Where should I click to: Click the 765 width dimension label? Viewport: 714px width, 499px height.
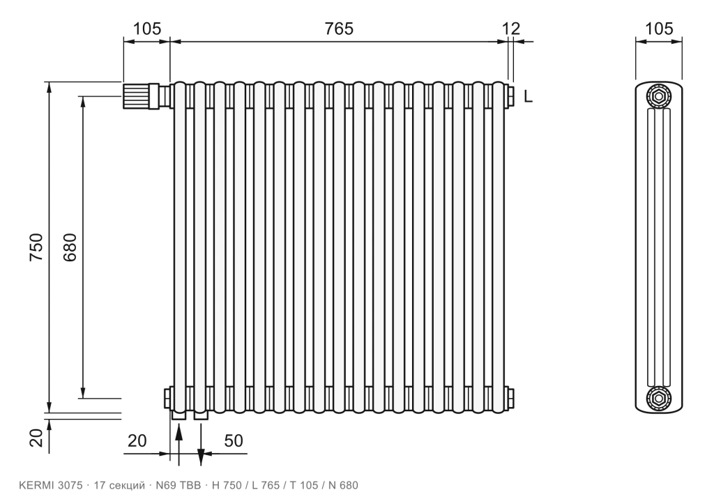tap(339, 29)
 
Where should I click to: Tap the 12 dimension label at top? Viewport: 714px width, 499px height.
tap(511, 29)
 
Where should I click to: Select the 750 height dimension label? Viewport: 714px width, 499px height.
tap(36, 247)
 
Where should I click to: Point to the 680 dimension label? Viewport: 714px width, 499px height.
tap(70, 247)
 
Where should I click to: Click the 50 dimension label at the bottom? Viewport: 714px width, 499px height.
tap(234, 440)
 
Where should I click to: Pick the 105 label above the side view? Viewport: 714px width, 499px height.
tap(659, 29)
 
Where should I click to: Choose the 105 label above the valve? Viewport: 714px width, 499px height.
tap(146, 29)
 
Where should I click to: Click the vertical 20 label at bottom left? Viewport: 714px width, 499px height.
tap(36, 438)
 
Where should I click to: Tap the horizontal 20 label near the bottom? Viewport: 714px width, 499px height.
tap(137, 440)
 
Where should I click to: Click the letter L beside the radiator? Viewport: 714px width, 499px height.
tap(529, 96)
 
